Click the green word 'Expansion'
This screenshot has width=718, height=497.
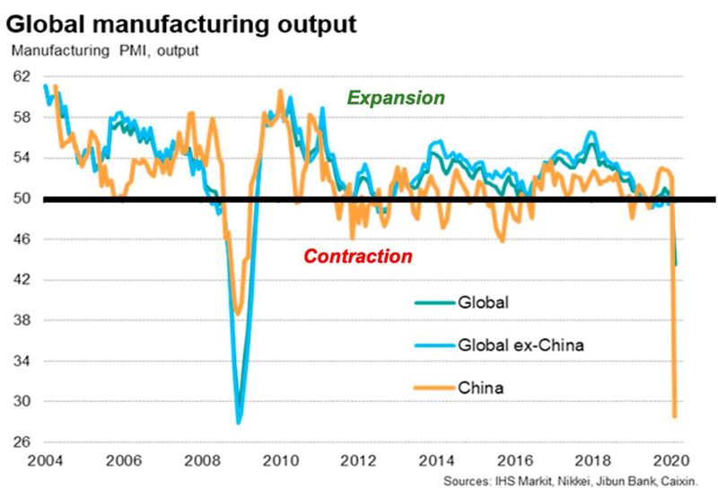(396, 98)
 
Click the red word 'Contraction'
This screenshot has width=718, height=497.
(358, 257)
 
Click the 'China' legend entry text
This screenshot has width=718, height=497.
(482, 388)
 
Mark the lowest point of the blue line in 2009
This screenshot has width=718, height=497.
(239, 422)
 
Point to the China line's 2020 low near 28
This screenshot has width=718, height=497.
(674, 416)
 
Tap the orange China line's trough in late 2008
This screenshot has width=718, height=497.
(237, 313)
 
